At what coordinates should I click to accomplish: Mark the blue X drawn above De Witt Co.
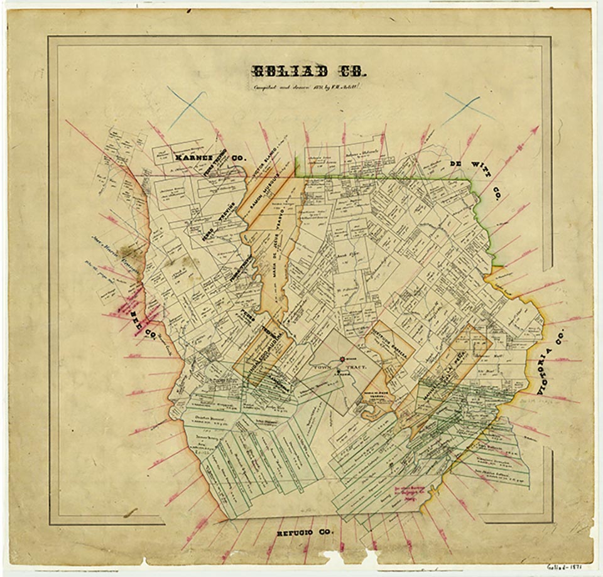coord(469,106)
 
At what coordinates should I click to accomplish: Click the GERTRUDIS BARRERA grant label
coord(389,343)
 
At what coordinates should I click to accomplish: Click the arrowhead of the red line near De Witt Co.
coord(535,129)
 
